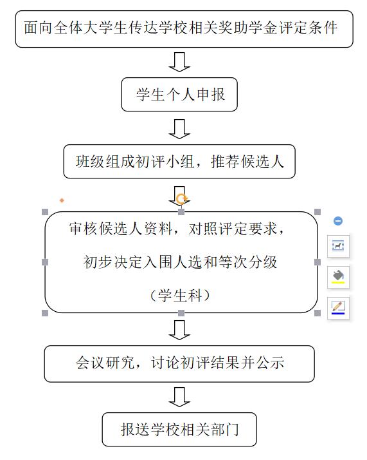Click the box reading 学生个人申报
[x=179, y=95]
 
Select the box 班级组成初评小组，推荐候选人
[x=179, y=161]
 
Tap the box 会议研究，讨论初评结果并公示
[x=179, y=364]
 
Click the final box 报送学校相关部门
[x=179, y=430]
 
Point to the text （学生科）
[x=180, y=296]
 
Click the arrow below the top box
[x=179, y=62]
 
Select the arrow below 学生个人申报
[x=179, y=129]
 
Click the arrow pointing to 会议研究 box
[x=179, y=330]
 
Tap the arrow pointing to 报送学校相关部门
[x=179, y=397]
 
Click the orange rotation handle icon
[x=181, y=199]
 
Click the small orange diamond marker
[x=62, y=200]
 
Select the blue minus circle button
[x=338, y=221]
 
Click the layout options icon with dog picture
[x=338, y=246]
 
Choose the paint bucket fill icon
[x=338, y=277]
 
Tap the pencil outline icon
[x=338, y=308]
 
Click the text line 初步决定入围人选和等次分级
[x=180, y=262]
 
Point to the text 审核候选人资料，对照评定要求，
[x=177, y=229]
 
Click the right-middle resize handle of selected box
[x=318, y=262]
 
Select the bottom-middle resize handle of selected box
[x=181, y=313]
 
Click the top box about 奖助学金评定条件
[x=184, y=29]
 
